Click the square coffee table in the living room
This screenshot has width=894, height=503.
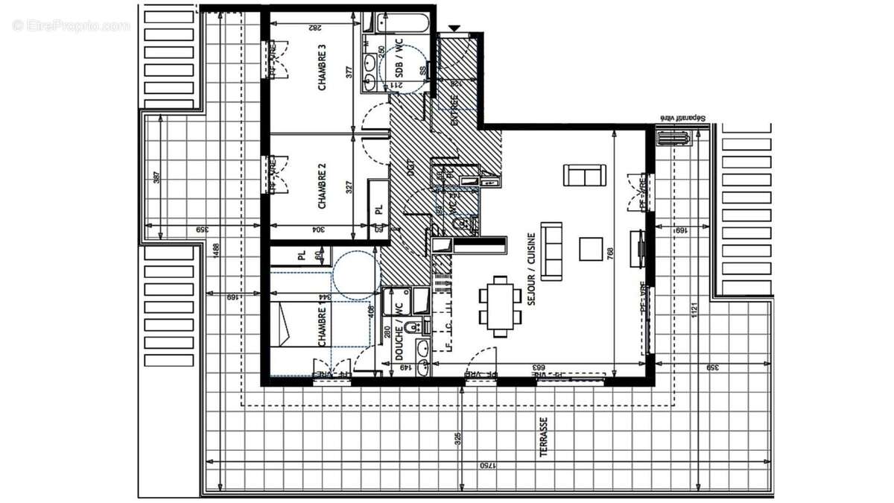(x=592, y=249)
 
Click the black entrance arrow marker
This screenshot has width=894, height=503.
(x=454, y=29)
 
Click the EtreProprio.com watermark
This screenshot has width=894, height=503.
(x=71, y=25)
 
